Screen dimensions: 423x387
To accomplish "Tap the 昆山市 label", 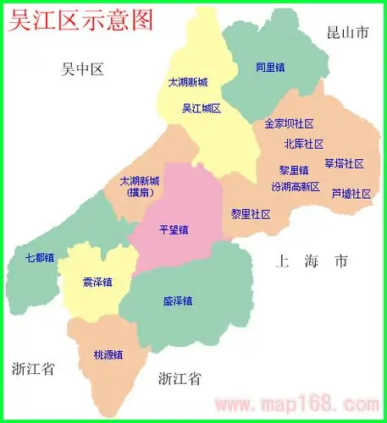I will point(348,34).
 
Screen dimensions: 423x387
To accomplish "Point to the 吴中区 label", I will point(82,69).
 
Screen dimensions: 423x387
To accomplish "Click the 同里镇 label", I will point(271,67).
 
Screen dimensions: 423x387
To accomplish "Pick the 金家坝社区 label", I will point(290,124).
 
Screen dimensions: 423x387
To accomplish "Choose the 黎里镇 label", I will point(294,171).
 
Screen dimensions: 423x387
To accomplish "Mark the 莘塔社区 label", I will point(344,163).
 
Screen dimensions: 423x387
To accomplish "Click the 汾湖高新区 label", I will point(296,186).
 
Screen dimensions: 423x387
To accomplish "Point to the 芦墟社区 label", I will point(351,194).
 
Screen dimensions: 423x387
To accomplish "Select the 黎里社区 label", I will point(251,214).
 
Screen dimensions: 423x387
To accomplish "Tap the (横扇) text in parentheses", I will point(138,193).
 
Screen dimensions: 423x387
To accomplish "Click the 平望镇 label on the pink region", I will point(174,229).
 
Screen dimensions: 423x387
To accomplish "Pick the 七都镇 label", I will point(40,257).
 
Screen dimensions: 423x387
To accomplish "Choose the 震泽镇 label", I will point(97,282).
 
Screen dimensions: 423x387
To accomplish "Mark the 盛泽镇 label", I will point(177,301).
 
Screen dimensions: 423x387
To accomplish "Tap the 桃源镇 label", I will point(108,354).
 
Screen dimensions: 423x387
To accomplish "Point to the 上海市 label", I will point(311,261).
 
